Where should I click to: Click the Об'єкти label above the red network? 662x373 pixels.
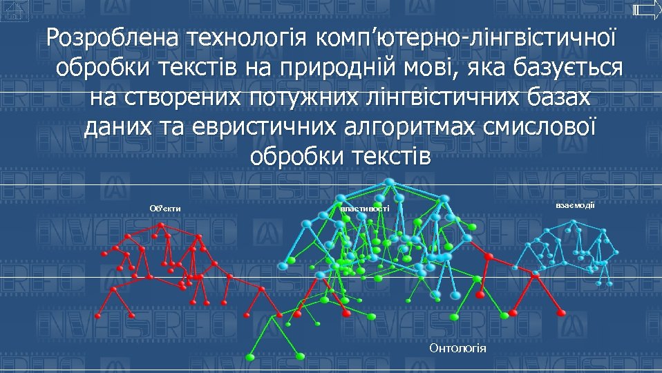point(165,208)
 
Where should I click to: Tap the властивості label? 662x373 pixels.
point(364,208)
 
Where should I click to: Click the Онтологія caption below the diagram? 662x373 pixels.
point(457,348)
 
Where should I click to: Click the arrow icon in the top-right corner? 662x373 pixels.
point(646,9)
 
